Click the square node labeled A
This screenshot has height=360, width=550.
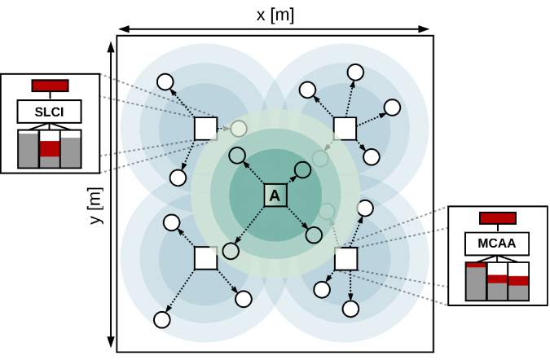[x=275, y=195]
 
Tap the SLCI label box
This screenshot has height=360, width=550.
[x=50, y=111]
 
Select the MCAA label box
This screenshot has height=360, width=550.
[x=497, y=244]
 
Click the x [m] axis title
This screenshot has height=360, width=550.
[x=274, y=15]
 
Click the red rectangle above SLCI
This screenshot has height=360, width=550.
[x=50, y=86]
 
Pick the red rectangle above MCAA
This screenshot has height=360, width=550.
[x=497, y=217]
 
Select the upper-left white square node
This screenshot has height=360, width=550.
[x=205, y=128]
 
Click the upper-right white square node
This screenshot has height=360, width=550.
[x=345, y=128]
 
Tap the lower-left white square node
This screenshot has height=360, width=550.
[x=205, y=258]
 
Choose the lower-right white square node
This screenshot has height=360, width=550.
[x=345, y=258]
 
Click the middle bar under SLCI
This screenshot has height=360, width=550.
[x=50, y=149]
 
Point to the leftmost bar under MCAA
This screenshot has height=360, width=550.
[x=476, y=281]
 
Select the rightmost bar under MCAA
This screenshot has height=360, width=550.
[x=518, y=281]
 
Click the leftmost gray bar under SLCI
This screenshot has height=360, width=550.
[x=28, y=150]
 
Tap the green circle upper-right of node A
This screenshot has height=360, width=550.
[x=301, y=170]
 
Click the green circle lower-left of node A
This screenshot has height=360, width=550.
[x=230, y=248]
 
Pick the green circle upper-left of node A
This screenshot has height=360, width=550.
[x=237, y=156]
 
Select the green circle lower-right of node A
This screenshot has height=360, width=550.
[x=314, y=235]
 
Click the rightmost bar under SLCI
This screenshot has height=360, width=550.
[x=71, y=151]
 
